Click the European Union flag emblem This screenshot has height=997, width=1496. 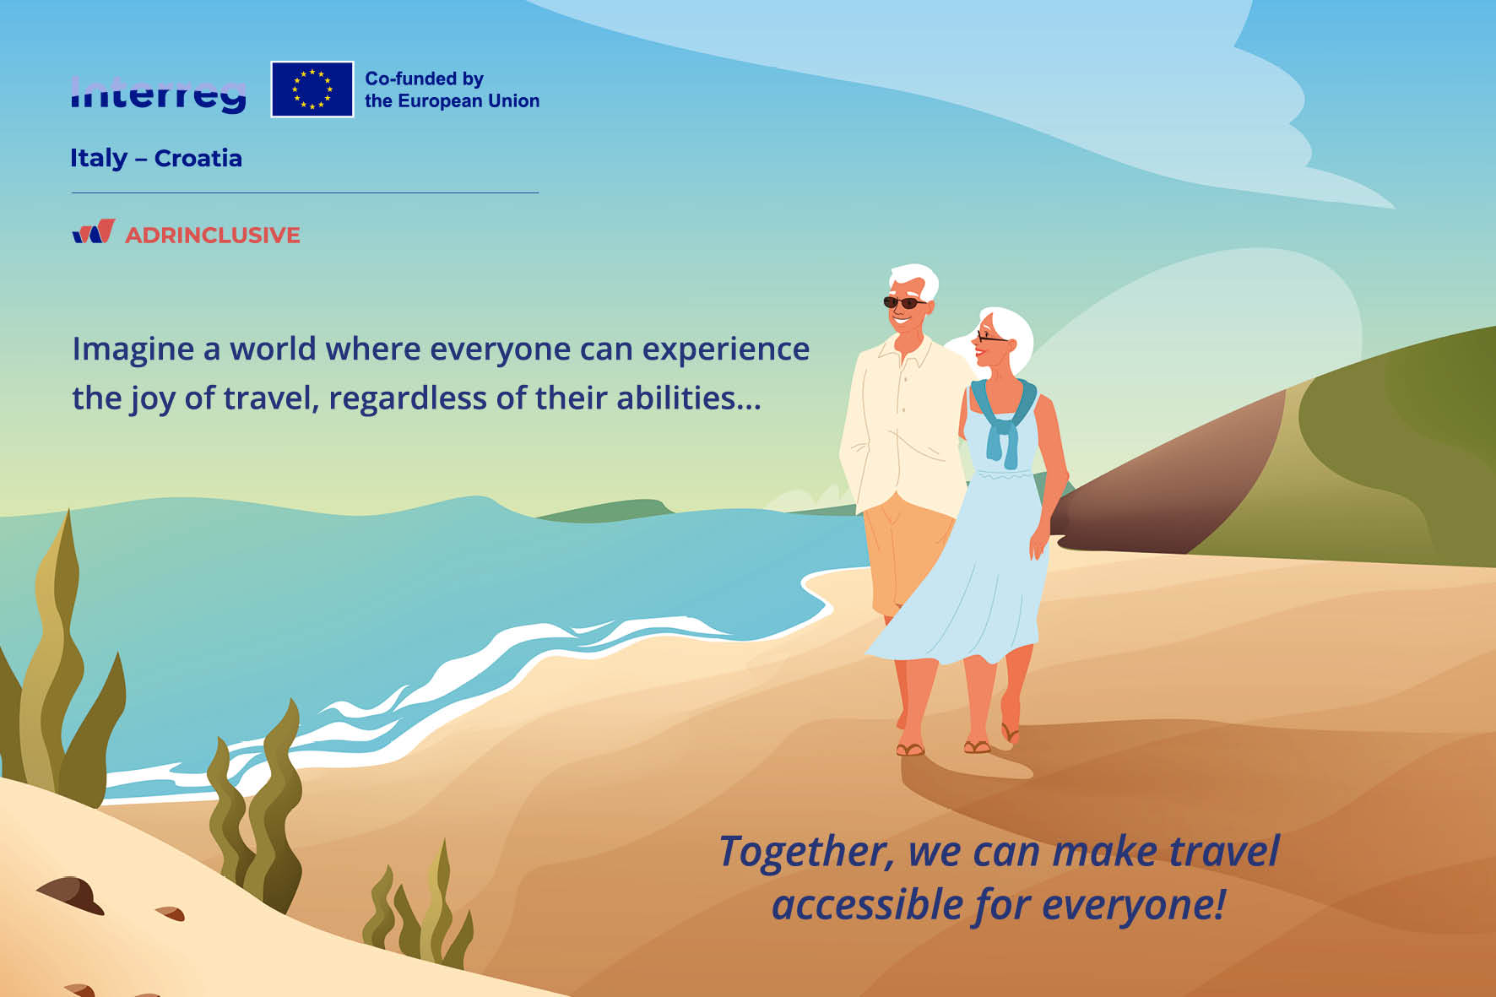click(312, 89)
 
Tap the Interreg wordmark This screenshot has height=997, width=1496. click(159, 94)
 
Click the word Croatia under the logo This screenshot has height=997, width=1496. click(198, 158)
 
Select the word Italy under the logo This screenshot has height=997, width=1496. click(99, 159)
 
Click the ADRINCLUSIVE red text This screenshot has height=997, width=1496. click(213, 235)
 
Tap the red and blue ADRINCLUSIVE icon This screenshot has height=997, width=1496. click(94, 231)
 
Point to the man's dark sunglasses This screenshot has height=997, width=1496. click(904, 302)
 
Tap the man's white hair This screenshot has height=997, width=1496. click(914, 279)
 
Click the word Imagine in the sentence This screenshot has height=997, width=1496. click(133, 349)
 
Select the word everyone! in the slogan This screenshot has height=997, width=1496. click(1134, 905)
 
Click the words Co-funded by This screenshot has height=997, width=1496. click(424, 79)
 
